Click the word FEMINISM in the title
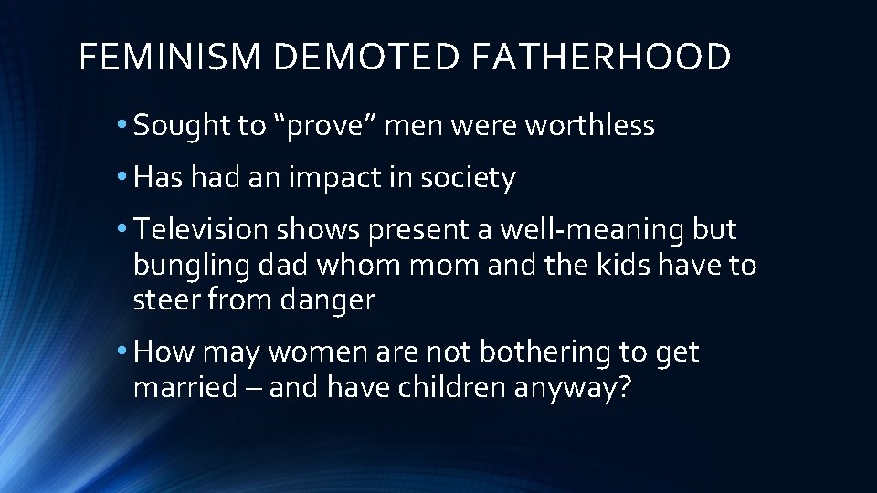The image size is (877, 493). (170, 57)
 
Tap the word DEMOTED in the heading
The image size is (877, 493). (365, 57)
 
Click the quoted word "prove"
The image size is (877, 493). (323, 126)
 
